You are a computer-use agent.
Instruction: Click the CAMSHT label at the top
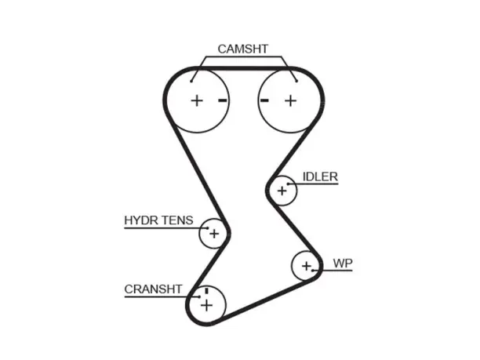pos(243,49)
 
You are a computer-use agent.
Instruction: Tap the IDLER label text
pos(320,176)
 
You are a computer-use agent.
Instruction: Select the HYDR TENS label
pos(158,220)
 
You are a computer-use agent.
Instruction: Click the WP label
pos(343,264)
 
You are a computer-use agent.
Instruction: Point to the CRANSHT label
pos(153,289)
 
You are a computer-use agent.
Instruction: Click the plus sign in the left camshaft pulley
pos(197,100)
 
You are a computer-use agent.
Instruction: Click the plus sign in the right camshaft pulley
pos(290,100)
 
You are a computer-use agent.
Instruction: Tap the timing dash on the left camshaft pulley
pos(223,100)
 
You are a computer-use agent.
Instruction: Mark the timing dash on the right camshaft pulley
pos(264,100)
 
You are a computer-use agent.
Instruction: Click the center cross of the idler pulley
pos(282,191)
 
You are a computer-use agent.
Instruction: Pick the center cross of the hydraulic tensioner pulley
pos(214,234)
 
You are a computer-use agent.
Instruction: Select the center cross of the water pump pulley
pos(307,266)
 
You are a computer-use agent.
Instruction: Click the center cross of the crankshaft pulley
pos(206,305)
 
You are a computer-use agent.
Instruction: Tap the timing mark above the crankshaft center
pos(206,290)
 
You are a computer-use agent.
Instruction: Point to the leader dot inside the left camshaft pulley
pos(191,81)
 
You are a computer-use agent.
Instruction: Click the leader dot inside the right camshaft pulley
pos(296,81)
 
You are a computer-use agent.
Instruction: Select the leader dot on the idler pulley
pos(288,184)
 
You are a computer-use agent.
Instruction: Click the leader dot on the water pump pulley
pos(313,271)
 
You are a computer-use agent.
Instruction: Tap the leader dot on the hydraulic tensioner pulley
pos(208,228)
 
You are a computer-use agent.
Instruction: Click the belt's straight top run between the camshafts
pos(244,68)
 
